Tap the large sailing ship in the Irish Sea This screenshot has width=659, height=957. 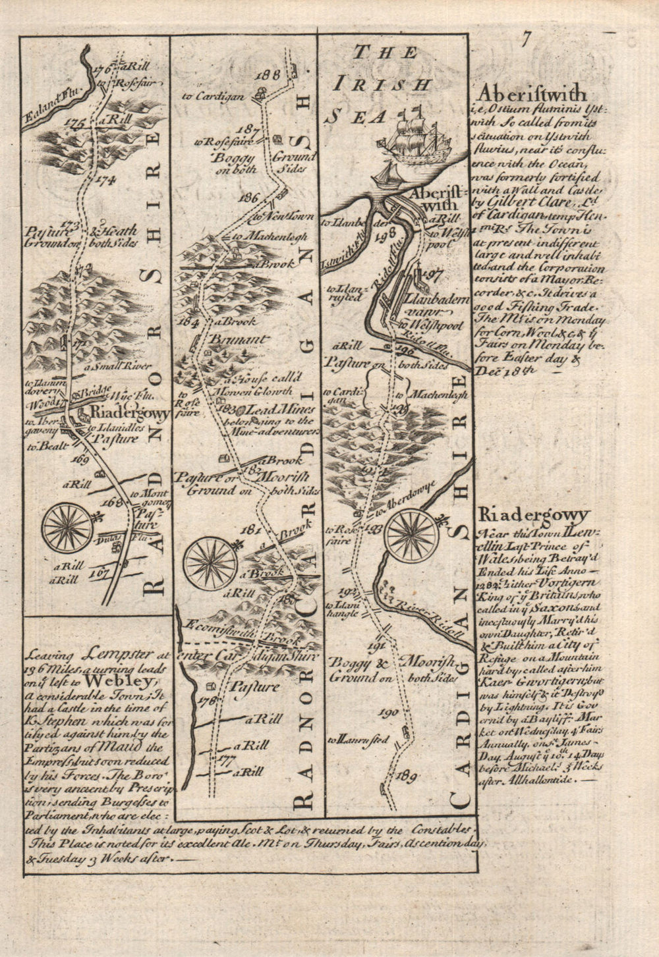(414, 137)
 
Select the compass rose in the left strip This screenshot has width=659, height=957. (67, 527)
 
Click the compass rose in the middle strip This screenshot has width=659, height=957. (210, 564)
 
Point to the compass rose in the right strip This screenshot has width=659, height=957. (413, 535)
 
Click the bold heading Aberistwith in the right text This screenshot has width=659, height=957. (525, 92)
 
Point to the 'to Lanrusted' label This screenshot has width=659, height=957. (361, 740)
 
